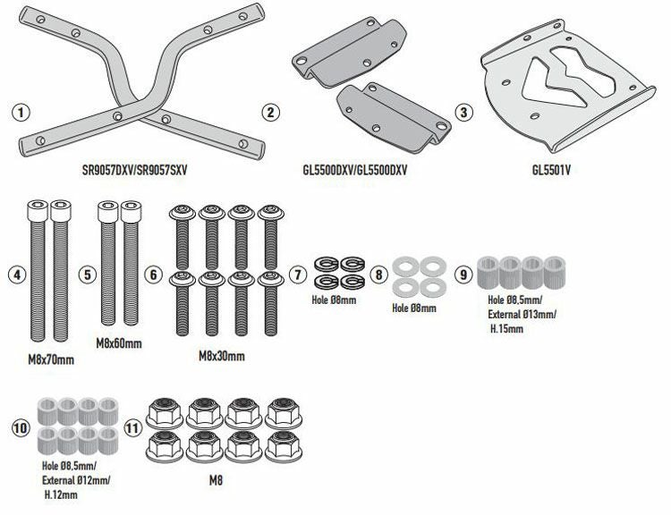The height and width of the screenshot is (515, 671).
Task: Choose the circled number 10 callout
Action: [x=21, y=428]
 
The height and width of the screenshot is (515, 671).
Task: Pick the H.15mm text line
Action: [x=506, y=329]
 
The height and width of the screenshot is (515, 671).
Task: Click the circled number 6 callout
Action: [x=154, y=274]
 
